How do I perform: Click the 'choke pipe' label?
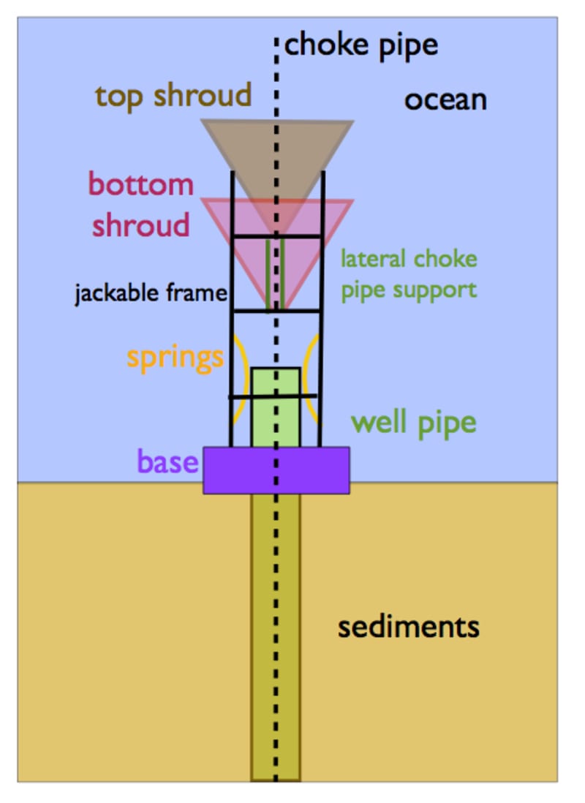[x=361, y=46]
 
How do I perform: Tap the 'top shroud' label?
[x=173, y=96]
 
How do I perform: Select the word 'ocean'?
[x=445, y=100]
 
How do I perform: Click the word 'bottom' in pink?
[x=141, y=184]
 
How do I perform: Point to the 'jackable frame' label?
[x=151, y=293]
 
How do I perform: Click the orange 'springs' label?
[x=175, y=358]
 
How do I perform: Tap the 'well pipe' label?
[x=414, y=423]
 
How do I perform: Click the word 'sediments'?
[x=408, y=627]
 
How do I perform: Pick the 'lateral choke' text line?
[x=409, y=259]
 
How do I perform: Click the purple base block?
[x=276, y=470]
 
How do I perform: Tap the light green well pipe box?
[x=276, y=407]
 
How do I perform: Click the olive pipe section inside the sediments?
[x=276, y=637]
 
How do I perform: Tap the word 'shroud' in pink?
[x=141, y=225]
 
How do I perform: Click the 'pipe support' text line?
[x=409, y=290]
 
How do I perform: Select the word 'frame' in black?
[x=196, y=293]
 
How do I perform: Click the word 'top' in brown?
[x=119, y=97]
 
